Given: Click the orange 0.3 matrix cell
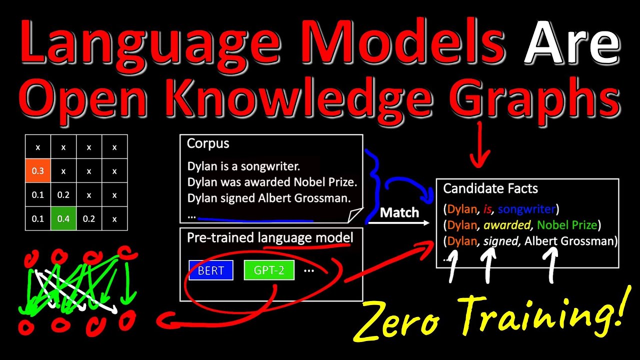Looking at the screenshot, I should [38, 171].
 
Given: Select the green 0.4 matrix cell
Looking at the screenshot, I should [63, 218].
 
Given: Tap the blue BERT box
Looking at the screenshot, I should [210, 270].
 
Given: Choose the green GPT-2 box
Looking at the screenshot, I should [268, 270].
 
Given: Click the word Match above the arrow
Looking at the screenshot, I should [399, 212].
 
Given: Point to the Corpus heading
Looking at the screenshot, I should [208, 144].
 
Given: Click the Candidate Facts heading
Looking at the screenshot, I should [490, 188].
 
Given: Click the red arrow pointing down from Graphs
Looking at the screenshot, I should [480, 145].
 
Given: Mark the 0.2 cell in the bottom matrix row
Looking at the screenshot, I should [89, 218].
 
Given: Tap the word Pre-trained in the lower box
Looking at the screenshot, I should [220, 238].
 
